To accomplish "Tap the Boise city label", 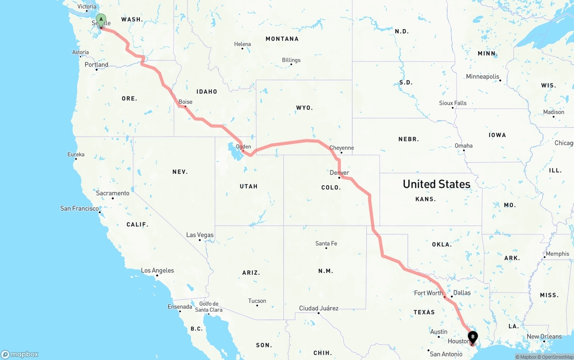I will tap(185, 102).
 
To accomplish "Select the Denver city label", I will tap(339, 173).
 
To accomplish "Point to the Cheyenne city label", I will tap(341, 148).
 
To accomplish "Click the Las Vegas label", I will tap(200, 235).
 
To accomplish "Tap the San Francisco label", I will tap(79, 208).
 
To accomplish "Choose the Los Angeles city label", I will tap(157, 270).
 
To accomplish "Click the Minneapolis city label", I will tap(483, 77).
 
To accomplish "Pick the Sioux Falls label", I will tap(452, 103).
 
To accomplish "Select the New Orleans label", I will tap(544, 336).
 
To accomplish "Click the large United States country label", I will tap(436, 184).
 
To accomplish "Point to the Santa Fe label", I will tap(326, 243).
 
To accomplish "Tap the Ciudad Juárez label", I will tap(319, 308).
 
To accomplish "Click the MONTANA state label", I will tap(282, 39).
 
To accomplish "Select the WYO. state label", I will tap(304, 108).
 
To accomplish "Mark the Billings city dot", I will tap(291, 64).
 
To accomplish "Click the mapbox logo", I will tap(20, 354).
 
